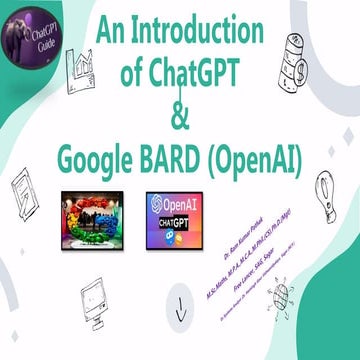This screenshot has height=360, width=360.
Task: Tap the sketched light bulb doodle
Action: point(323,189)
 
